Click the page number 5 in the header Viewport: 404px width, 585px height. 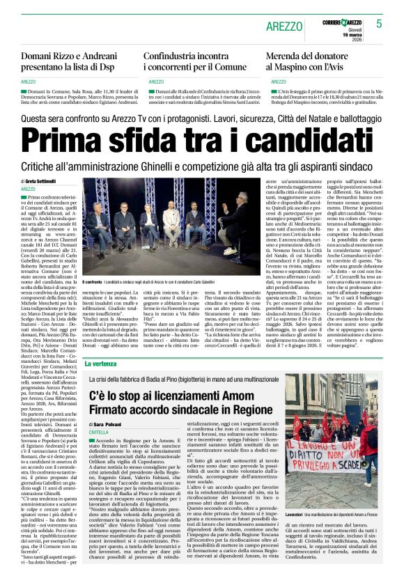[379, 23]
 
